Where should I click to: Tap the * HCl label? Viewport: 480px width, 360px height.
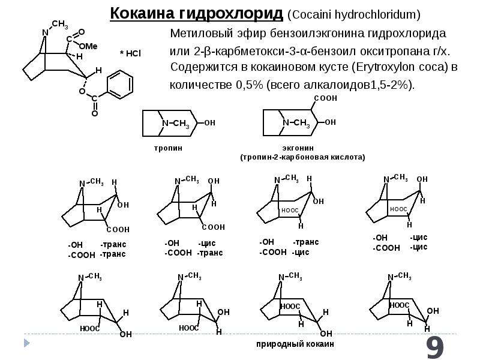tap(130, 53)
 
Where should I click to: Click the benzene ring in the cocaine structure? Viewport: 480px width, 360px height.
tap(119, 85)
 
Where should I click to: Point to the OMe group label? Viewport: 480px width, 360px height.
tap(88, 46)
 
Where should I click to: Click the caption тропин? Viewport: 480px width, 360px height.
tap(168, 148)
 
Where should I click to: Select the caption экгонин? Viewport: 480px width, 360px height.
tap(298, 148)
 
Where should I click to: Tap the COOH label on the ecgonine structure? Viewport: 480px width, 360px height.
tap(326, 98)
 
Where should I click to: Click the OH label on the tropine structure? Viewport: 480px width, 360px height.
tap(209, 123)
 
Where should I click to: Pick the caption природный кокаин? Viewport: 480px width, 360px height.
tap(295, 344)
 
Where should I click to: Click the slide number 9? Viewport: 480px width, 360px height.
tap(435, 347)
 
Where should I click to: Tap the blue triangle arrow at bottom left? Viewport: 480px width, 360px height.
tap(27, 343)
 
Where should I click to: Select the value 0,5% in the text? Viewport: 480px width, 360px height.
tap(250, 85)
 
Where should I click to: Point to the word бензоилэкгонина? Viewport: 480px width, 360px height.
tap(317, 34)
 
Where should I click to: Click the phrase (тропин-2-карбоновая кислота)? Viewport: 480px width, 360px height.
tap(303, 157)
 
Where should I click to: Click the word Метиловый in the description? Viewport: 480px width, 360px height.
tap(202, 33)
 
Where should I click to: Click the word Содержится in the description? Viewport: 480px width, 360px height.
tap(203, 67)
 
